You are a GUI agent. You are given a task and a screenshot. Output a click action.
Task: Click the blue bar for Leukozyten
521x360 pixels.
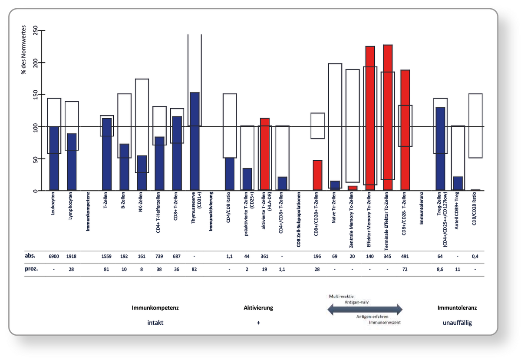[x=54, y=159]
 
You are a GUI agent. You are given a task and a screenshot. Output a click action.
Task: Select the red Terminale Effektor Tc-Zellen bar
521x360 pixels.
[x=388, y=117]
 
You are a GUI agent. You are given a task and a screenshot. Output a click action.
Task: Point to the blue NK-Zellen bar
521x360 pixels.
[x=142, y=173]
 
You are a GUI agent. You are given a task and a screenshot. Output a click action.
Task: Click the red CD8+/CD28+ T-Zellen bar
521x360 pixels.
[x=317, y=175]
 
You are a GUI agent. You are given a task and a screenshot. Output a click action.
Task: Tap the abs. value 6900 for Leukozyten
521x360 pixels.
[x=54, y=256]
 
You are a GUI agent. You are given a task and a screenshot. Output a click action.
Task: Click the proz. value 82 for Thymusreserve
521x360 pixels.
[x=195, y=269]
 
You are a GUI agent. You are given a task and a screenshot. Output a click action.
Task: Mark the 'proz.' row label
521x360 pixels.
[x=31, y=269]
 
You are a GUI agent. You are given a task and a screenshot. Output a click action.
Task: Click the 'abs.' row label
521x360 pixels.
[x=30, y=256]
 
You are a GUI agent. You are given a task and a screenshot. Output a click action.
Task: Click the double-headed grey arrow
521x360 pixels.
[x=365, y=309]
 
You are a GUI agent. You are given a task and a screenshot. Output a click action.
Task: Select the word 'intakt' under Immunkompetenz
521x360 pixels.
[x=155, y=323]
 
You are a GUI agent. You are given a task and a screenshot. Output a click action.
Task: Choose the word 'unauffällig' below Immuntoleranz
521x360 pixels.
[x=457, y=323]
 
